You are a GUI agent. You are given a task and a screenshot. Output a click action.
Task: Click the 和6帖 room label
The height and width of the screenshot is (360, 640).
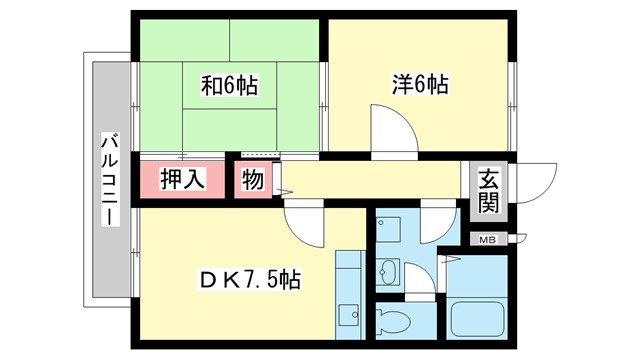click(229, 87)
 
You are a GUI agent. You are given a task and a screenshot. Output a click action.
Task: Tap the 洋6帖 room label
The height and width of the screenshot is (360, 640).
click(419, 87)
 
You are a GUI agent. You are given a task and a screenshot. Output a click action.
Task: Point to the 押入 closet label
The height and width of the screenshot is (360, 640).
click(184, 181)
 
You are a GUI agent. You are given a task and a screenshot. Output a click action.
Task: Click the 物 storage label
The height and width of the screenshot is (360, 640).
click(250, 181)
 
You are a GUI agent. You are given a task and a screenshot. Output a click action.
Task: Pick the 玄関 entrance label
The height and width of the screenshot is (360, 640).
click(488, 191)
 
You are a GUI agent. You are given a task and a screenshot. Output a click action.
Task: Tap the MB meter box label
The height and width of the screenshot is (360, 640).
click(488, 240)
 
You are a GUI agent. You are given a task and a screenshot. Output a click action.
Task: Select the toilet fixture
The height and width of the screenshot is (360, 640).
click(396, 323)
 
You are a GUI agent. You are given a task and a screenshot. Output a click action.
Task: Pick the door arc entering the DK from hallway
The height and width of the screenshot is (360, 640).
click(304, 222)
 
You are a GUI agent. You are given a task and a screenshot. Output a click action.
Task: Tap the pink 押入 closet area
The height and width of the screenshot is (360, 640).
click(184, 181)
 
